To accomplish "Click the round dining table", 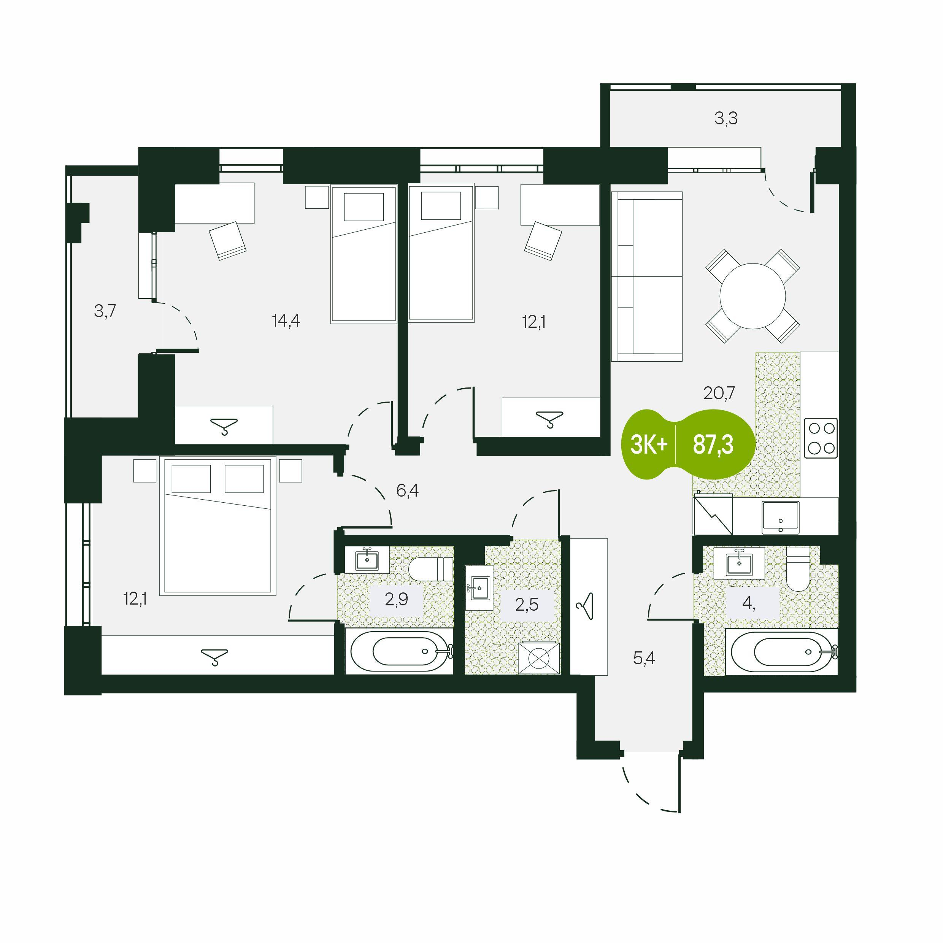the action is [752, 296].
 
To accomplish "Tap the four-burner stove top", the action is [821, 438].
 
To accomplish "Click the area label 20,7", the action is [719, 393].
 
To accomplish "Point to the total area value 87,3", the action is [713, 445].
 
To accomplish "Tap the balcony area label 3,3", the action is [726, 119].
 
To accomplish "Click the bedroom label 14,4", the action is [286, 321].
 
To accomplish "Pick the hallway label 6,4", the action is [408, 491].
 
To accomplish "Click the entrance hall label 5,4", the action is [644, 659].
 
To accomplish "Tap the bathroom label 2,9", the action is [396, 599].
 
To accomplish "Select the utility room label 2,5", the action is [527, 604].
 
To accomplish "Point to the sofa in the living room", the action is [647, 277].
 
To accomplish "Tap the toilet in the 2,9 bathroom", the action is [430, 570].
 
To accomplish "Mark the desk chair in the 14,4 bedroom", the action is [227, 241].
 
